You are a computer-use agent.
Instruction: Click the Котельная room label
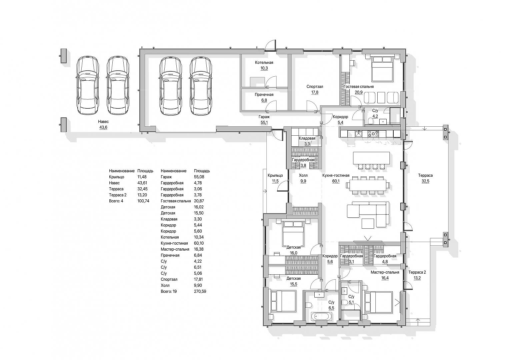[264, 63]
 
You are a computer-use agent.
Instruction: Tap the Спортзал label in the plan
[315, 87]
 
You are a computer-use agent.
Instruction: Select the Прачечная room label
[264, 95]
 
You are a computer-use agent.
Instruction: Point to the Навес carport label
[103, 122]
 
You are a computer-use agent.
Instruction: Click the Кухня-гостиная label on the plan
[336, 175]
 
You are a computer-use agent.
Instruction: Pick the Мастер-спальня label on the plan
[385, 272]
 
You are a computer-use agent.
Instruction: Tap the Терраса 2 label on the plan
[417, 272]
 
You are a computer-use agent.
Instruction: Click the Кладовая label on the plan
[307, 138]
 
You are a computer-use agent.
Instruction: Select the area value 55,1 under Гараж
[264, 123]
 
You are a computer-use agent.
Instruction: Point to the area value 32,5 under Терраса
[425, 181]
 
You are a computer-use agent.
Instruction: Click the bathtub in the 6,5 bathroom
[322, 316]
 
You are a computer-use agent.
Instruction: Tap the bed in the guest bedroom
[382, 69]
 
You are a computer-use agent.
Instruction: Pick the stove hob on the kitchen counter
[373, 133]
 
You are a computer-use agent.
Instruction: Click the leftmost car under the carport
[88, 85]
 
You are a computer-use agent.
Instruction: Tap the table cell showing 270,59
[200, 291]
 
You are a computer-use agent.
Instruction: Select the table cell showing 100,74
[143, 201]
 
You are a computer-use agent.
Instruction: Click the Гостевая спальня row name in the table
[176, 201]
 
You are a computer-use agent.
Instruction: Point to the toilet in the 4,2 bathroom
[370, 123]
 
